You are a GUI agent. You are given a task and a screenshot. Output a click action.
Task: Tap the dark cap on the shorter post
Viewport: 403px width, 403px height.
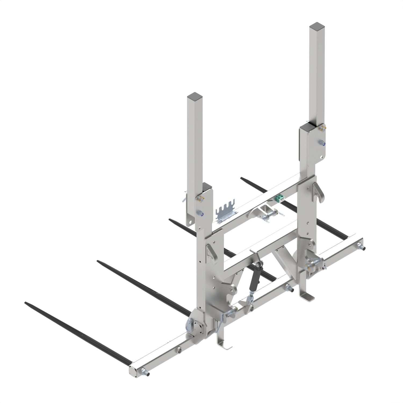[195, 96]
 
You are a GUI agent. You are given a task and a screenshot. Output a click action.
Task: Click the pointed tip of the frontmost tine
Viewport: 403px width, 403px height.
[26, 303]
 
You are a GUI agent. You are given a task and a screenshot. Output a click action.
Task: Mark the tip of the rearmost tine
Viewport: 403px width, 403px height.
[242, 178]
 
